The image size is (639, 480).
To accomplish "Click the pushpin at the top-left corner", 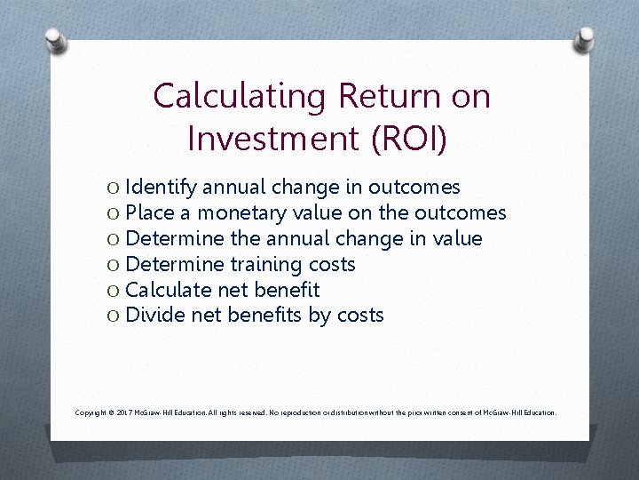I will pos(55,39).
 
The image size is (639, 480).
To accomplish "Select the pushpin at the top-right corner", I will pos(585,39).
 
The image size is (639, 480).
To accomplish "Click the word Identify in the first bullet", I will pos(162,188).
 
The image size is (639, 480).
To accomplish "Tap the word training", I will pos(264,265).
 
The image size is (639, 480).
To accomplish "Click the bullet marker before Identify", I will pos(113,188).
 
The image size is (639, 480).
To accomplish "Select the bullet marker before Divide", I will pos(113,316).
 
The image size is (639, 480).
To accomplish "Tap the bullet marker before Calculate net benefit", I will pos(113,290).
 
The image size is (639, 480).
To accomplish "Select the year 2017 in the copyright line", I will pos(125,413).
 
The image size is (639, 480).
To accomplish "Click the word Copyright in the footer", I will pos(92,413).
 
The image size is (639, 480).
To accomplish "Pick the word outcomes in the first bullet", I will pos(414,188).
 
